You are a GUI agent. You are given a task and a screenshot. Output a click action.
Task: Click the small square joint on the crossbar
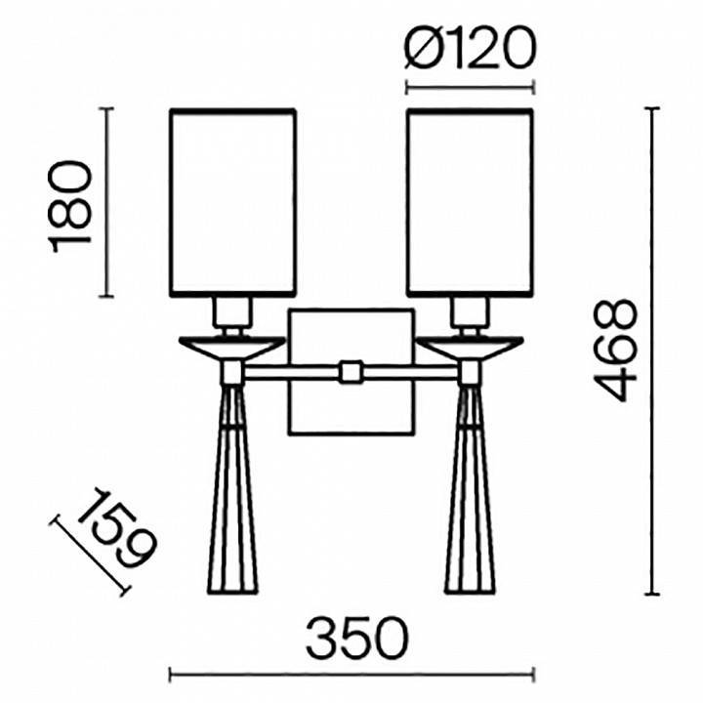(351, 372)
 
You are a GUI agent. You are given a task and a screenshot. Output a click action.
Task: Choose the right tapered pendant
(470, 498)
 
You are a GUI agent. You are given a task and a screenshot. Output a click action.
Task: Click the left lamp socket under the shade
(232, 313)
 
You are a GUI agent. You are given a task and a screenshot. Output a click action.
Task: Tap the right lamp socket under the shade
(470, 313)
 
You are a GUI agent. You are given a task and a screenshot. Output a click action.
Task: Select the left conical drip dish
(230, 346)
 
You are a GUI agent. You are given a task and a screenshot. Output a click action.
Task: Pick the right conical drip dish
(470, 346)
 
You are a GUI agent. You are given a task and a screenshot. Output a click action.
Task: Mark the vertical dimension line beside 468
(651, 351)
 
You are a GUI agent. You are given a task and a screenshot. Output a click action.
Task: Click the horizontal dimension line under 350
(351, 673)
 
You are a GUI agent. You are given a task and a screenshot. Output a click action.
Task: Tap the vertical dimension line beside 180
(108, 202)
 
